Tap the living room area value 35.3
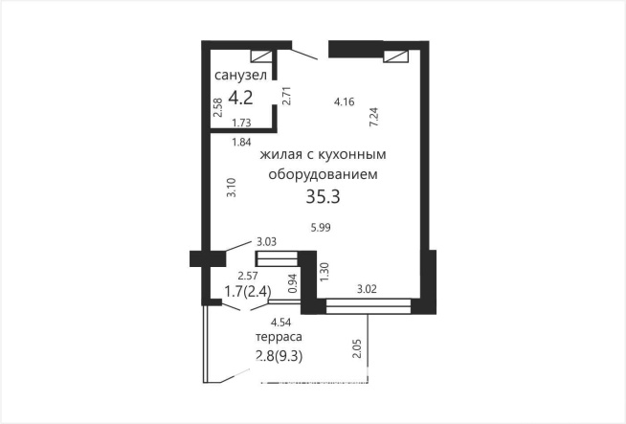(x=324, y=197)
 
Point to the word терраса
(x=279, y=338)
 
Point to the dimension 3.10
(x=231, y=187)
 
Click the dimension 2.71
(x=285, y=95)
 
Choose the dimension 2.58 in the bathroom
(x=218, y=107)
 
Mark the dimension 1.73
(x=242, y=123)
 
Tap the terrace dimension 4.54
(x=281, y=323)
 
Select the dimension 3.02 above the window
(x=369, y=287)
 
